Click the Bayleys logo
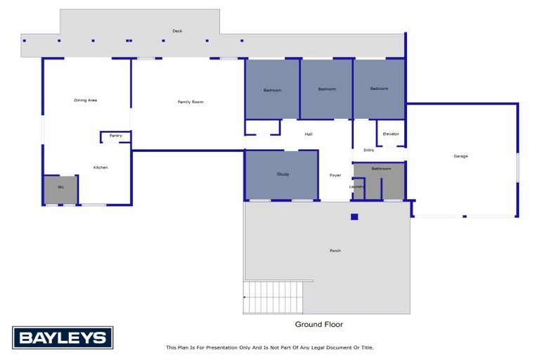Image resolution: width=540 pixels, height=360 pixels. pyautogui.click(x=62, y=337)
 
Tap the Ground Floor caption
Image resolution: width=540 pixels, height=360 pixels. pyautogui.click(x=319, y=325)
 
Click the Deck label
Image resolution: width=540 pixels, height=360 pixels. pyautogui.click(x=177, y=31)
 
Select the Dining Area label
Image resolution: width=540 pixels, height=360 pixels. pyautogui.click(x=85, y=101)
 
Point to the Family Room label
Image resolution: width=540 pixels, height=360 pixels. pyautogui.click(x=190, y=103)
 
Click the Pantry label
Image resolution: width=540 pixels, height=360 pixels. pyautogui.click(x=115, y=136)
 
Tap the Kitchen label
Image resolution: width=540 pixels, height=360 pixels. pyautogui.click(x=101, y=167)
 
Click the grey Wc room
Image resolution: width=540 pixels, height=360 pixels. pyautogui.click(x=60, y=188)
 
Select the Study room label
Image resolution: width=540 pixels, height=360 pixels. pyautogui.click(x=283, y=174)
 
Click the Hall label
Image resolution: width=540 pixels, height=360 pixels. pyautogui.click(x=308, y=134)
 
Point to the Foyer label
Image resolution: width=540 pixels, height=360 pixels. pyautogui.click(x=335, y=175)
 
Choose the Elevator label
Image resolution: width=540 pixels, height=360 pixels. pyautogui.click(x=391, y=134)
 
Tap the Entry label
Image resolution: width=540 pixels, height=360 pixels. pyautogui.click(x=368, y=150)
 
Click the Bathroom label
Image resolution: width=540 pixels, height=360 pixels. pyautogui.click(x=381, y=169)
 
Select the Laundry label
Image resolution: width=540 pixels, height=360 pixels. pyautogui.click(x=357, y=187)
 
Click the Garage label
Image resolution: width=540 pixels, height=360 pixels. pyautogui.click(x=461, y=156)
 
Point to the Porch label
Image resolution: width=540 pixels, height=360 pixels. pyautogui.click(x=335, y=251)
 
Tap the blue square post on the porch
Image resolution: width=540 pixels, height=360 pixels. pyautogui.click(x=354, y=217)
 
